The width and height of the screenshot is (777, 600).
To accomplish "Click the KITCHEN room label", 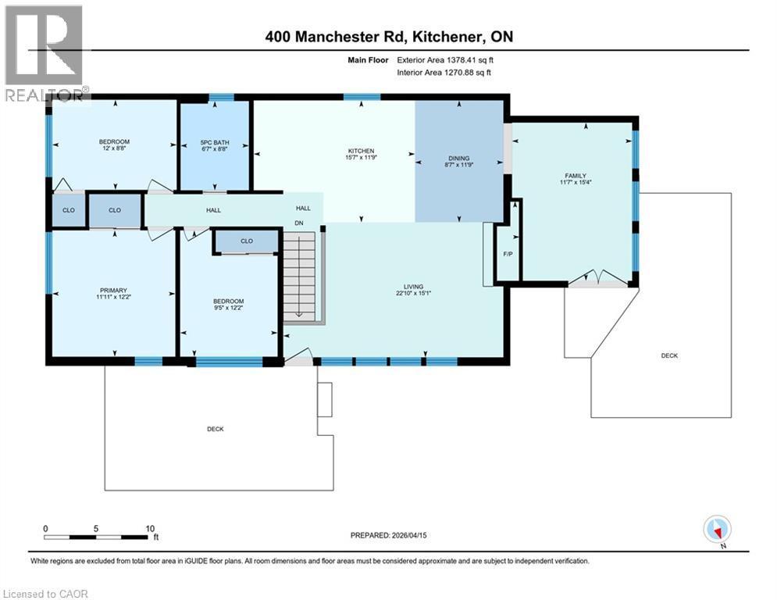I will coord(361,151).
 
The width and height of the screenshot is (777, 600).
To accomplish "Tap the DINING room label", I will coord(458,157).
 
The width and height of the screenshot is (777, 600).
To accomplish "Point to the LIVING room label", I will coord(409,287).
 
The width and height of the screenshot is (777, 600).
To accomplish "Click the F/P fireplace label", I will coord(508,254).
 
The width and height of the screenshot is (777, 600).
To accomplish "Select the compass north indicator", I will coord(716,530).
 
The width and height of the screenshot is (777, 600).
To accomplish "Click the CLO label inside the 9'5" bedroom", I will coord(247,241).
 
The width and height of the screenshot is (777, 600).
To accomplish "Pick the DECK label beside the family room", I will coord(669,355).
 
